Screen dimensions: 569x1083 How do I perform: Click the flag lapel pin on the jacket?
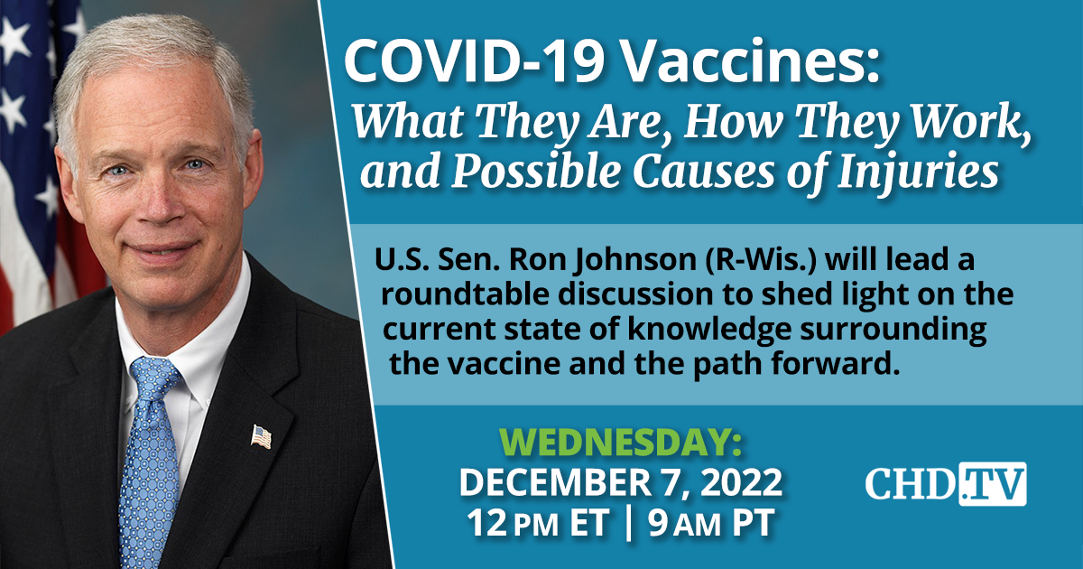pos(261,437)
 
